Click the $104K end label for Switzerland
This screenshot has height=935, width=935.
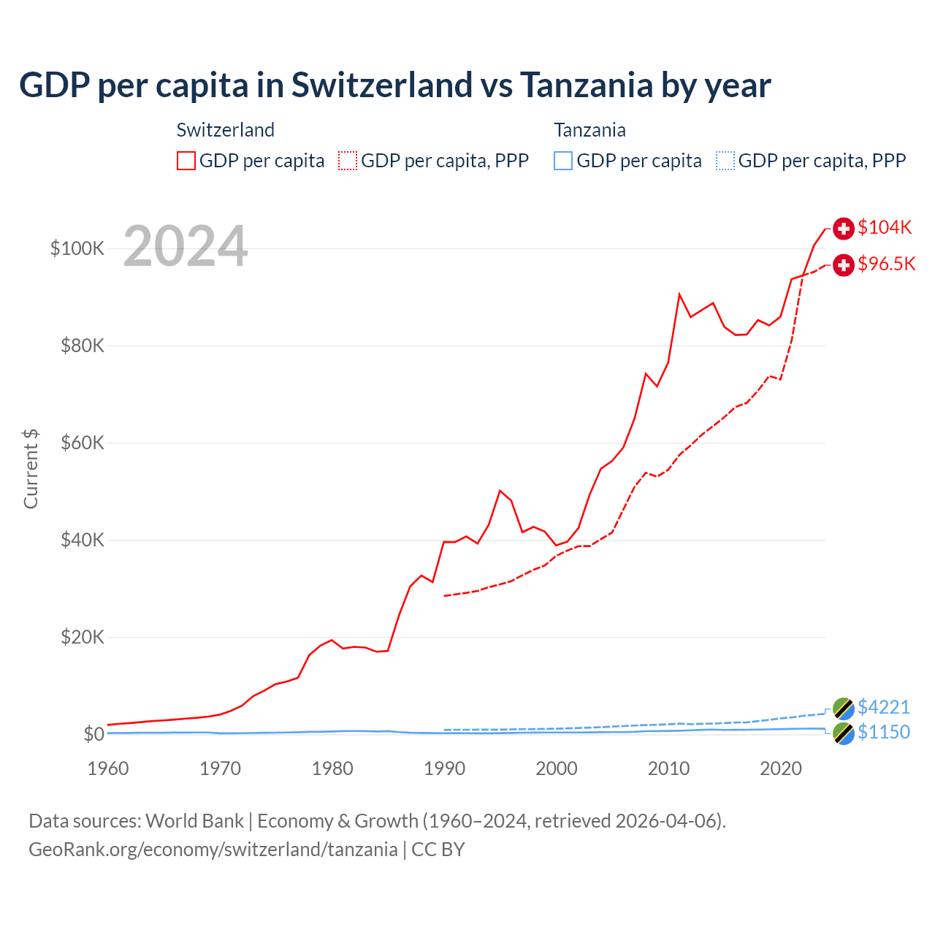click(885, 227)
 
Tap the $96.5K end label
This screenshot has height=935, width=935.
click(886, 264)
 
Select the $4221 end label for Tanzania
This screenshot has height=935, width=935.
click(883, 707)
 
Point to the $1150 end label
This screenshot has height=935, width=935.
click(883, 732)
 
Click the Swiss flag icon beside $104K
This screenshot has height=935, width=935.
click(844, 228)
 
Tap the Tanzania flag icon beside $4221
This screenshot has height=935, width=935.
click(844, 708)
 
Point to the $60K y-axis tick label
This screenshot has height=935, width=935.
click(83, 443)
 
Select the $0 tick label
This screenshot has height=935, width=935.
click(93, 733)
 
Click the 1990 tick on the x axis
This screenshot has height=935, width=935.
click(444, 768)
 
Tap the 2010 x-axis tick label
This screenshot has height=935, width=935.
click(668, 768)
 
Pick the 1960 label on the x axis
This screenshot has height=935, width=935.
click(108, 768)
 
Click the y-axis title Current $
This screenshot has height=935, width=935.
click(31, 469)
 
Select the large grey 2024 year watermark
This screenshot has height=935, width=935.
click(186, 246)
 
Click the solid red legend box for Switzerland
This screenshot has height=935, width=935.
click(186, 161)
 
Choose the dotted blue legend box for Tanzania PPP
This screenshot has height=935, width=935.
click(725, 161)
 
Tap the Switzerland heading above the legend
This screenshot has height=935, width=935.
click(226, 130)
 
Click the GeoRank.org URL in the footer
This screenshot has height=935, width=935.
click(213, 850)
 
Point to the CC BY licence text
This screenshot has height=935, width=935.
click(438, 850)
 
